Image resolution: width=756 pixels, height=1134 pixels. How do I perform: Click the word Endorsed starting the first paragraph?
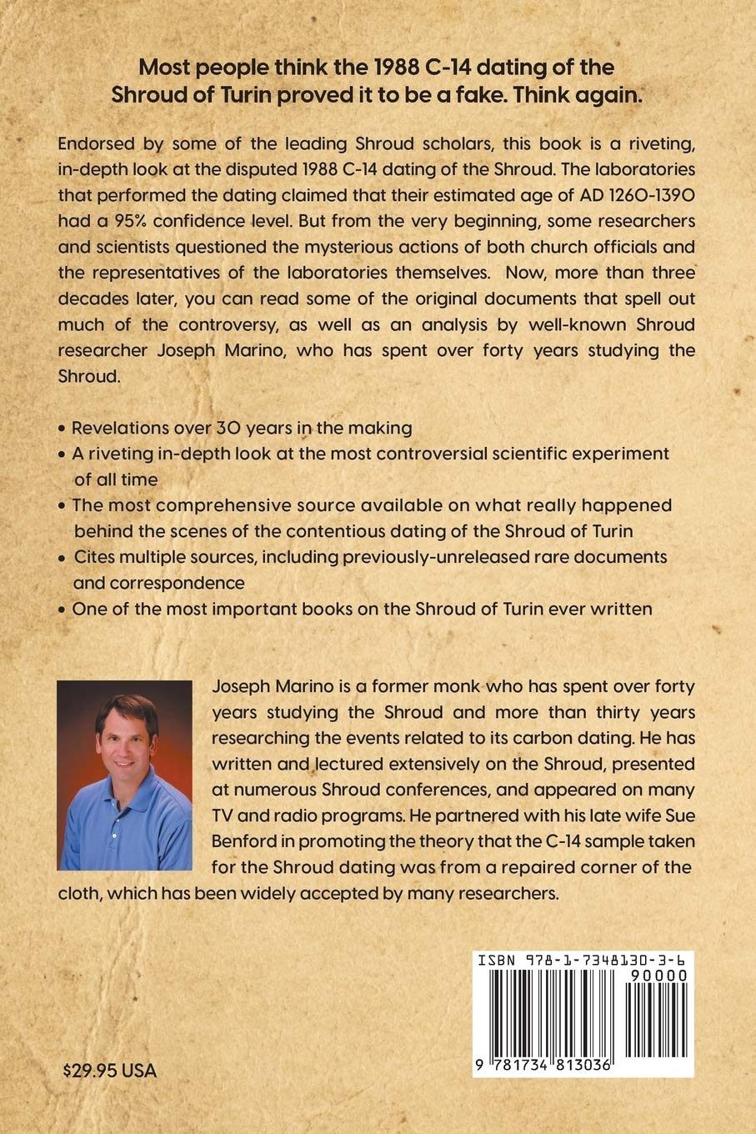tap(93, 143)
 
